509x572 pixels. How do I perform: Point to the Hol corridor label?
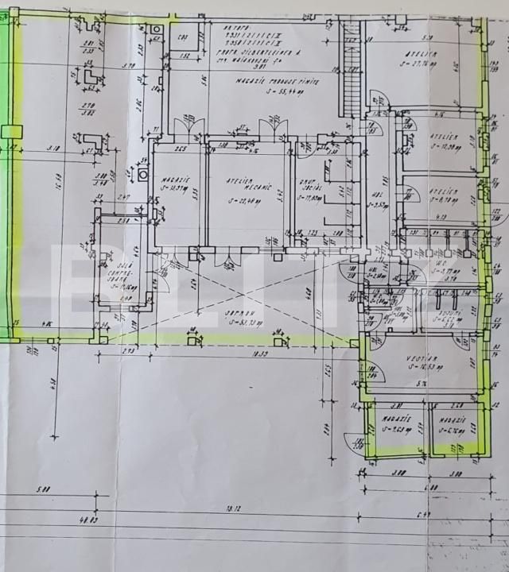[x=379, y=193]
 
